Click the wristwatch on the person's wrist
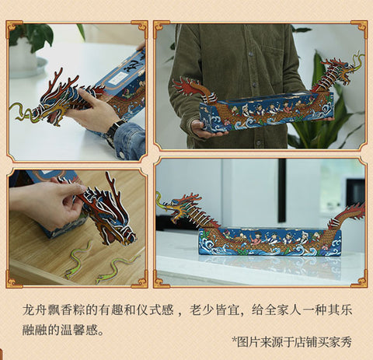(x=113, y=132)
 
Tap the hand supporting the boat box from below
(x=207, y=130)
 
